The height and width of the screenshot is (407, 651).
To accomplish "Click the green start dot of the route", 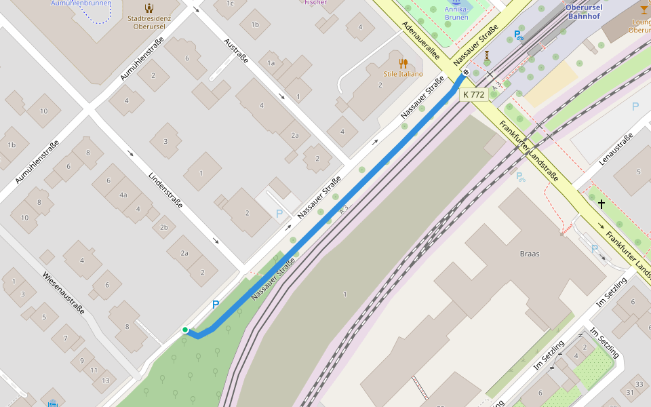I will [184, 330].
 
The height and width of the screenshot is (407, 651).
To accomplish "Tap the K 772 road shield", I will [473, 94].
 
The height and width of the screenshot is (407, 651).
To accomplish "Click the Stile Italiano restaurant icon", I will [403, 63].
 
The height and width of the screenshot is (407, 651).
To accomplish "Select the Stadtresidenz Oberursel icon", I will [149, 8].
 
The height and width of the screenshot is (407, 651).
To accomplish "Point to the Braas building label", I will [529, 254].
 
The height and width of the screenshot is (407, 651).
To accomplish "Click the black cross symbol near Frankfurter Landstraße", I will [601, 203].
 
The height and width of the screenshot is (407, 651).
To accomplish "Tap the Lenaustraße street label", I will [616, 149].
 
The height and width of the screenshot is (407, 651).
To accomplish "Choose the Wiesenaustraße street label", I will [63, 293].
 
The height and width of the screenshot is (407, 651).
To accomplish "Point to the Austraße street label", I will [236, 50].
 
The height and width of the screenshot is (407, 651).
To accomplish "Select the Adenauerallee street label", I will [420, 39].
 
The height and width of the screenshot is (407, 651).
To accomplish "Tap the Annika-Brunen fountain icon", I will [456, 3].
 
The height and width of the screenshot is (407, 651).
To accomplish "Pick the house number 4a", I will [123, 195].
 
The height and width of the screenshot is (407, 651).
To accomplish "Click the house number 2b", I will [163, 227].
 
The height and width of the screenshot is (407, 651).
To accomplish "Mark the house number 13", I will [104, 381].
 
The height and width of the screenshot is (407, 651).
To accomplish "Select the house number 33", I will [639, 384].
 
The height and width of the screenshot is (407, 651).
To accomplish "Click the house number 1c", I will [229, 3].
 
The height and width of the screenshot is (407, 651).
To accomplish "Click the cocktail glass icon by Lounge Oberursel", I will [644, 9].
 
